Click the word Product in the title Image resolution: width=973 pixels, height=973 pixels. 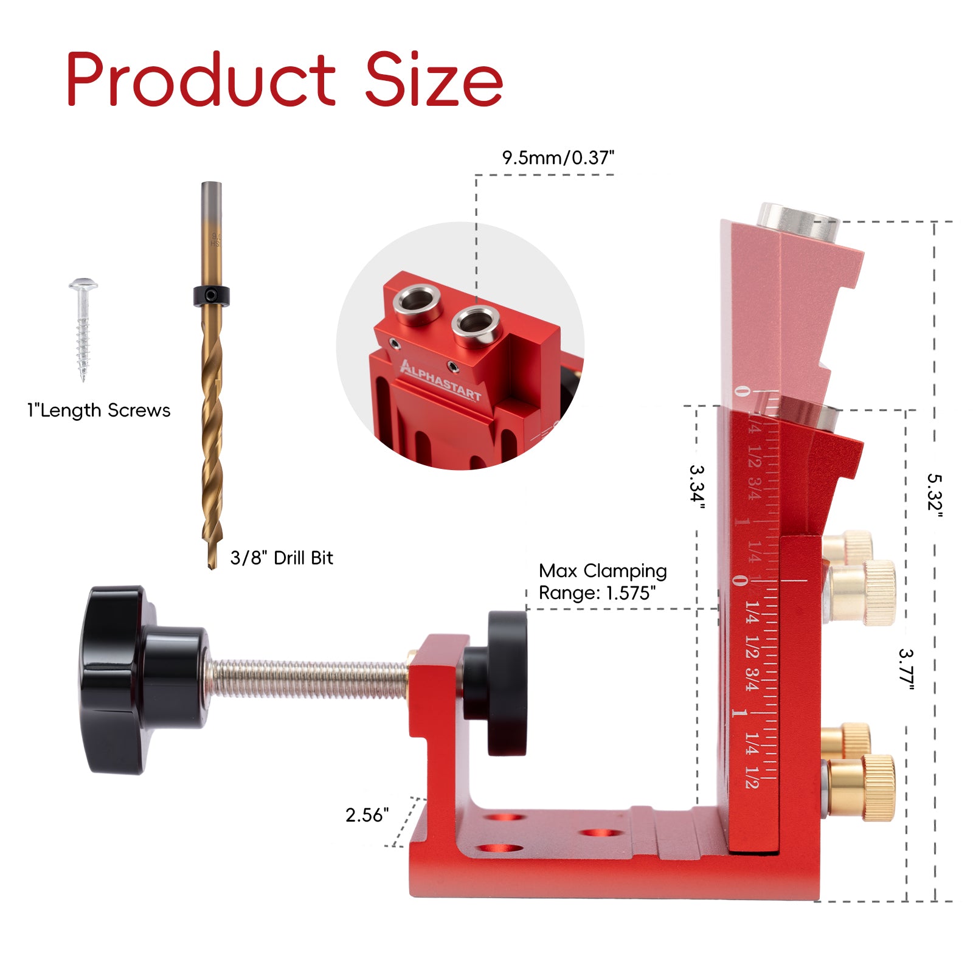(201, 79)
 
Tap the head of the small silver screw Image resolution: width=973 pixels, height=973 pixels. (83, 285)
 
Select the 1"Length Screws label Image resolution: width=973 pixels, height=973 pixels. (99, 410)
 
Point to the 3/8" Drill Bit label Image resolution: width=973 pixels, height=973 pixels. (282, 558)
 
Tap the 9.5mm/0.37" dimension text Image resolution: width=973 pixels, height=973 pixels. (558, 158)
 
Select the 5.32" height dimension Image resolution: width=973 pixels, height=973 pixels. (934, 496)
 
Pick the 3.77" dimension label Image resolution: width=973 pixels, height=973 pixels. (906, 670)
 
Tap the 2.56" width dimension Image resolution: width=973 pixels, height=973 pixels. (367, 815)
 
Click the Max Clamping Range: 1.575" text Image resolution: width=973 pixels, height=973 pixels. (602, 582)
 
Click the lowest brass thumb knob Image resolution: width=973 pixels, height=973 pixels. (863, 788)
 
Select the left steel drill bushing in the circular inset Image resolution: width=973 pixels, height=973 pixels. (417, 302)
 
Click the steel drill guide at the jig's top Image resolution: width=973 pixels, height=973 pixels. (797, 218)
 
